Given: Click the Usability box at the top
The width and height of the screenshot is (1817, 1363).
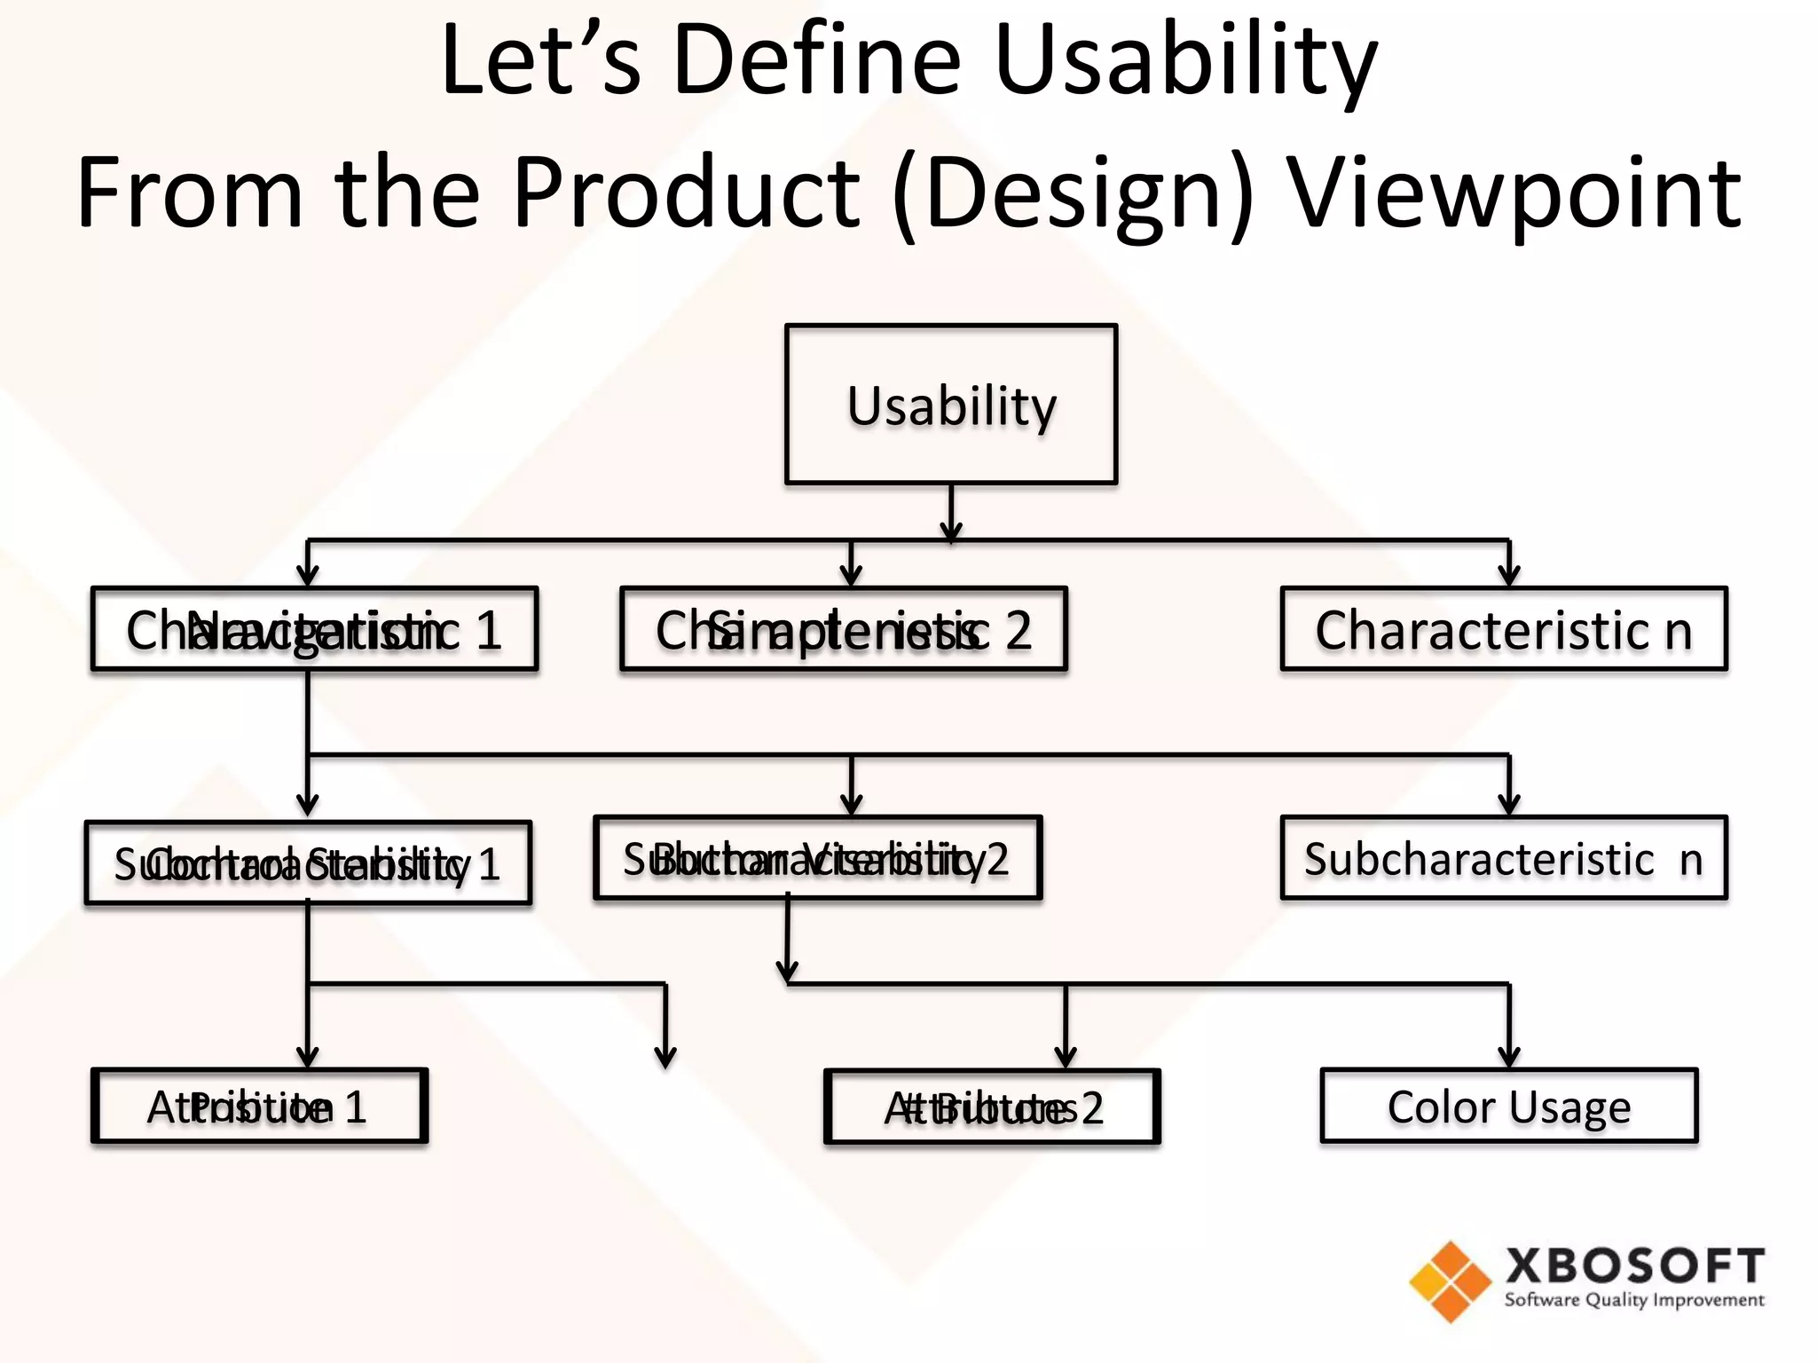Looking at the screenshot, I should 950,405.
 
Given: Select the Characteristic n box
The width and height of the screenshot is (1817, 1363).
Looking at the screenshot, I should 1504,629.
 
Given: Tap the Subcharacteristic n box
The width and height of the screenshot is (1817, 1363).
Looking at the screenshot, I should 1504,858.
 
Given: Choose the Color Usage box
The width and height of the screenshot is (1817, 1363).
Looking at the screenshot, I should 1508,1107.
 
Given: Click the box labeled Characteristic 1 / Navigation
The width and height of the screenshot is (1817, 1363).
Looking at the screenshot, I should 314,629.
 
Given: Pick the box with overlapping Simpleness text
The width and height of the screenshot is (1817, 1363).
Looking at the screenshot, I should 843,629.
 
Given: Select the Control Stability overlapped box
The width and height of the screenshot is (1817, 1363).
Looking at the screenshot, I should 308,863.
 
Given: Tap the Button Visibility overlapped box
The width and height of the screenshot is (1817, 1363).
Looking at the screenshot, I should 817,858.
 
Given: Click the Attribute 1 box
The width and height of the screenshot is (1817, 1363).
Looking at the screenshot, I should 259,1107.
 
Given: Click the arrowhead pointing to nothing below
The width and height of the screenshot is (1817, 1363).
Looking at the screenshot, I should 665,1058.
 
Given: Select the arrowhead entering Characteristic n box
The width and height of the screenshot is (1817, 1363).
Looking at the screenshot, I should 1509,577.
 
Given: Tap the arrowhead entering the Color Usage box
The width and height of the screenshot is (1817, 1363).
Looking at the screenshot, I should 1509,1058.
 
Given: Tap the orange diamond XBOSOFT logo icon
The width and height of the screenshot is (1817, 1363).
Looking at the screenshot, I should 1450,1281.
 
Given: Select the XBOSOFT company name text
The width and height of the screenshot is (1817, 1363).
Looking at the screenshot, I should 1634,1265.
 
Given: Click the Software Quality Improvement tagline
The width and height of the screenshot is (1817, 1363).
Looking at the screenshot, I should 1634,1300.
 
